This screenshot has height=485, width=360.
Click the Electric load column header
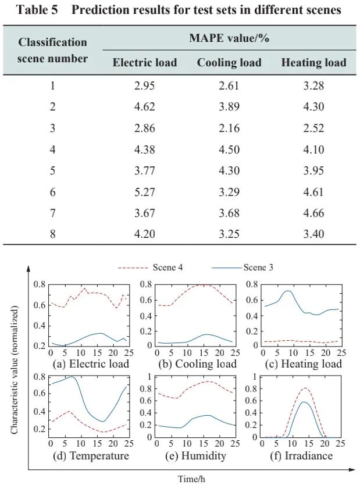145,63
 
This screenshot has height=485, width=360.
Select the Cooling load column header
229,63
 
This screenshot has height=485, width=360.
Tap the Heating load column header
313,63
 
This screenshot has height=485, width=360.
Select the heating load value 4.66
313,213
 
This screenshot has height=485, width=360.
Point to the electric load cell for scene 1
145,85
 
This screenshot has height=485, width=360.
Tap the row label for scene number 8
52,234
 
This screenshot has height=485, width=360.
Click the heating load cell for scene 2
313,107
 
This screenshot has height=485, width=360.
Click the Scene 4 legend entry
151,268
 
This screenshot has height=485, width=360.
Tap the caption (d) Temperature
91,455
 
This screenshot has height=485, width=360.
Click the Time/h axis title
193,478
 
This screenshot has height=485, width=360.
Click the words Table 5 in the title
34,10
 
